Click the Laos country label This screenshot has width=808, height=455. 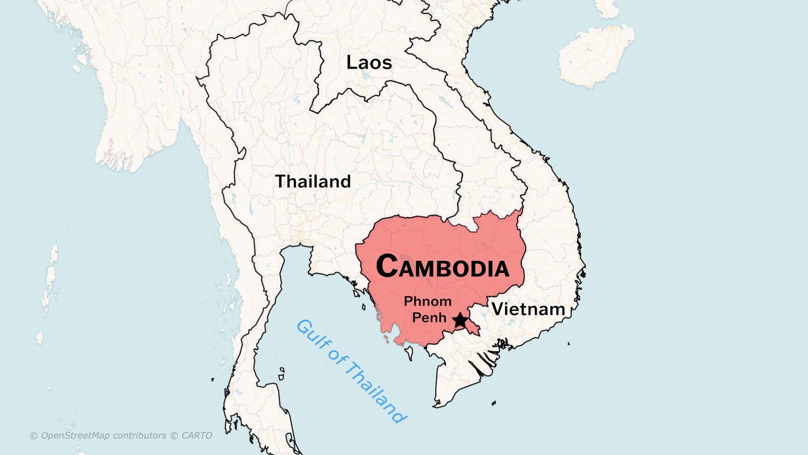point(369,63)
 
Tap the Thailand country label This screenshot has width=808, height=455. point(313,181)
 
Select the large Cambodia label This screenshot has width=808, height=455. point(442,266)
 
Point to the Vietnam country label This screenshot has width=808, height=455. point(528,309)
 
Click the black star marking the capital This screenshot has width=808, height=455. point(460,320)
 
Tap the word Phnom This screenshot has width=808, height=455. point(428,302)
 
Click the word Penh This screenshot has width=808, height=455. point(429,317)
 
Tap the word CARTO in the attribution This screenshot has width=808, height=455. point(196,436)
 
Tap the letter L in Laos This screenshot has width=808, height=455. point(351,63)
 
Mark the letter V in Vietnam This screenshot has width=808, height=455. point(498,309)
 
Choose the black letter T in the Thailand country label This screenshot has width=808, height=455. point(281,181)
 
